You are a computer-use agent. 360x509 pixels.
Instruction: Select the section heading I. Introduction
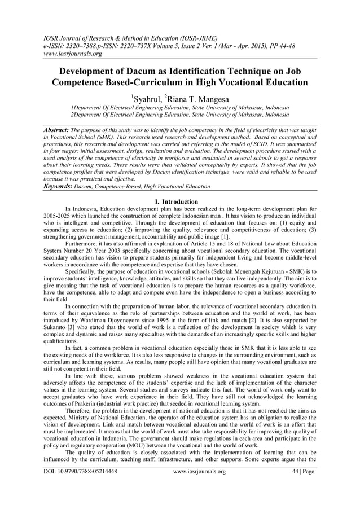[x=179, y=202]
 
